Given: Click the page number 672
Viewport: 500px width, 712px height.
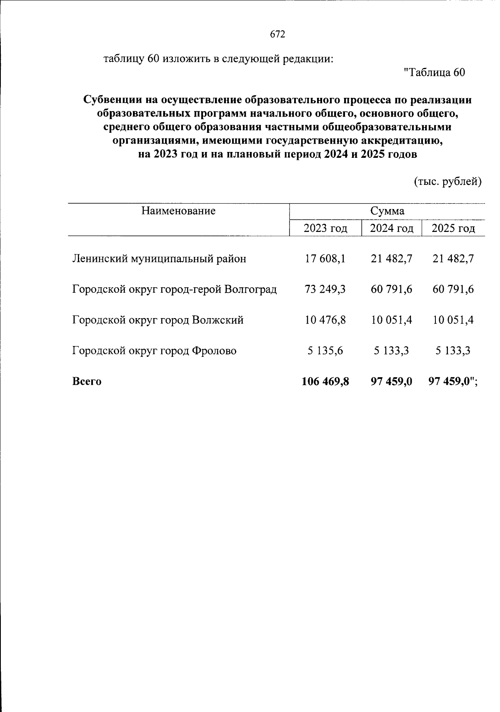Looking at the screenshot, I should pyautogui.click(x=277, y=35).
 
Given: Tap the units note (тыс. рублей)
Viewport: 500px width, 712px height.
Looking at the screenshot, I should pyautogui.click(x=448, y=182).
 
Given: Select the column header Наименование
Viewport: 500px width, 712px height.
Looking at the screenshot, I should pyautogui.click(x=178, y=211).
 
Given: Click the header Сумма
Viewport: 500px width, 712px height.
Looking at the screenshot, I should pyautogui.click(x=387, y=211).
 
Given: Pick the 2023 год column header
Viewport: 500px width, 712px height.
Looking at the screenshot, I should pyautogui.click(x=325, y=228).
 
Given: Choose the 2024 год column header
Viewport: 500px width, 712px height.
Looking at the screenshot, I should pyautogui.click(x=392, y=228).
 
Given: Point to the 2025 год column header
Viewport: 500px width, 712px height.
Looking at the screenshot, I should pyautogui.click(x=453, y=228).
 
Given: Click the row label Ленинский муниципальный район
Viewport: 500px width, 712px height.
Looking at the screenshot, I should pyautogui.click(x=159, y=259).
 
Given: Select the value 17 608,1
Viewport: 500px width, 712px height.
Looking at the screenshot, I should pyautogui.click(x=325, y=259).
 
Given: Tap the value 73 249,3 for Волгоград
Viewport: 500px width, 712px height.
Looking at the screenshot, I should pyautogui.click(x=325, y=289).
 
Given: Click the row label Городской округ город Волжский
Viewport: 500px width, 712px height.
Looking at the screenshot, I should pyautogui.click(x=158, y=320).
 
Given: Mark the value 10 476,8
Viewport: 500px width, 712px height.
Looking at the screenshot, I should pyautogui.click(x=325, y=320).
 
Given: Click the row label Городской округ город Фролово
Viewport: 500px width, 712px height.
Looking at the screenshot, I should pyautogui.click(x=154, y=351).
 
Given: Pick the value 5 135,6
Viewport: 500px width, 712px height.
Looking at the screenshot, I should pyautogui.click(x=325, y=351).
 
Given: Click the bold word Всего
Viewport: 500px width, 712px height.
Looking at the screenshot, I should pyautogui.click(x=87, y=381).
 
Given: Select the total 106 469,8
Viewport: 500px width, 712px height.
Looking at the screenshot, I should pyautogui.click(x=325, y=381).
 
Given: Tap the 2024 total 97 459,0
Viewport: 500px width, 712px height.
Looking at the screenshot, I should pyautogui.click(x=391, y=381).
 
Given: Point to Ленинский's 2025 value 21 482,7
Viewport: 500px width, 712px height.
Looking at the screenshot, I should pyautogui.click(x=453, y=259).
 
